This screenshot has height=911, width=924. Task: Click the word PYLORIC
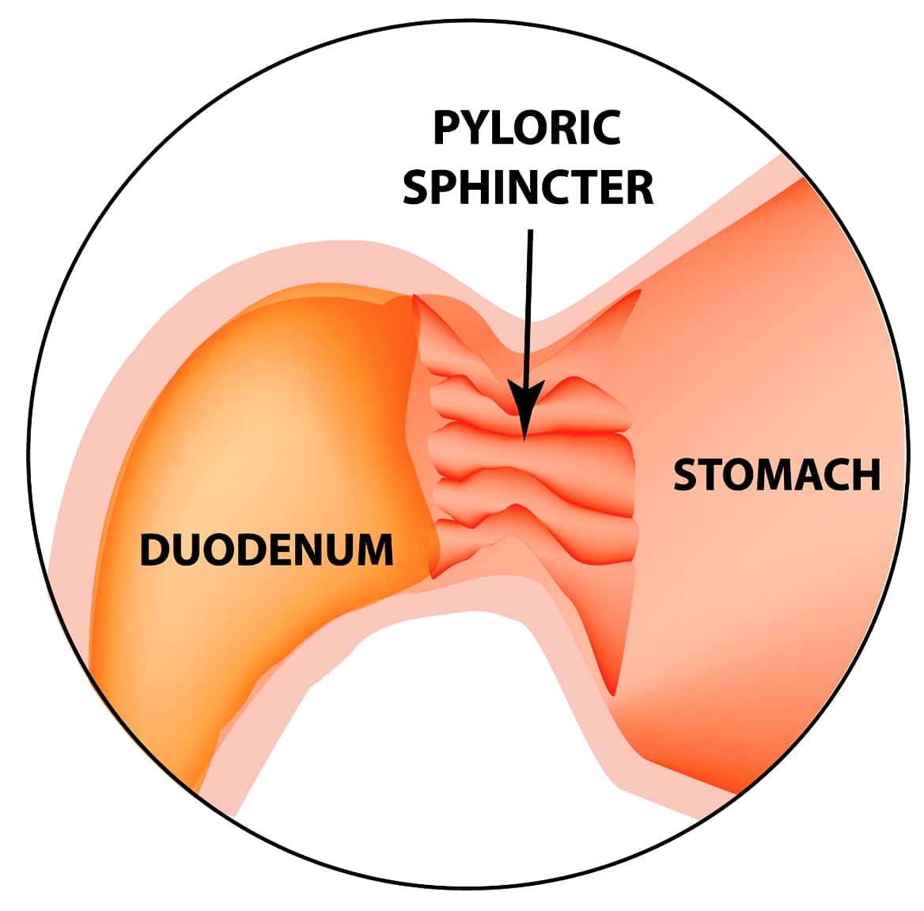526,129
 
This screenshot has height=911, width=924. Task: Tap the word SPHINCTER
528,187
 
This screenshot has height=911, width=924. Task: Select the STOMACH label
776,474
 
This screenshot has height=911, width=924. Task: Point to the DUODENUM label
267,550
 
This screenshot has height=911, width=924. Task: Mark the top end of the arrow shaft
529,231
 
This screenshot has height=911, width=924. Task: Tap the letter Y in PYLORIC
475,129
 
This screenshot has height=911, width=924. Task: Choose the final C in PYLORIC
605,129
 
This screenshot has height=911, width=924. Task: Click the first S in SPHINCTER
417,187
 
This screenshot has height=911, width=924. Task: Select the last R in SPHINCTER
639,187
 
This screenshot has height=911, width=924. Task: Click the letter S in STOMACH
686,474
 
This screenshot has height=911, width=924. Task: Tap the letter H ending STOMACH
866,474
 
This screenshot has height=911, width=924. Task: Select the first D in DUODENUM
153,550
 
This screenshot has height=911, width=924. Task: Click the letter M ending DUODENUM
374,550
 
